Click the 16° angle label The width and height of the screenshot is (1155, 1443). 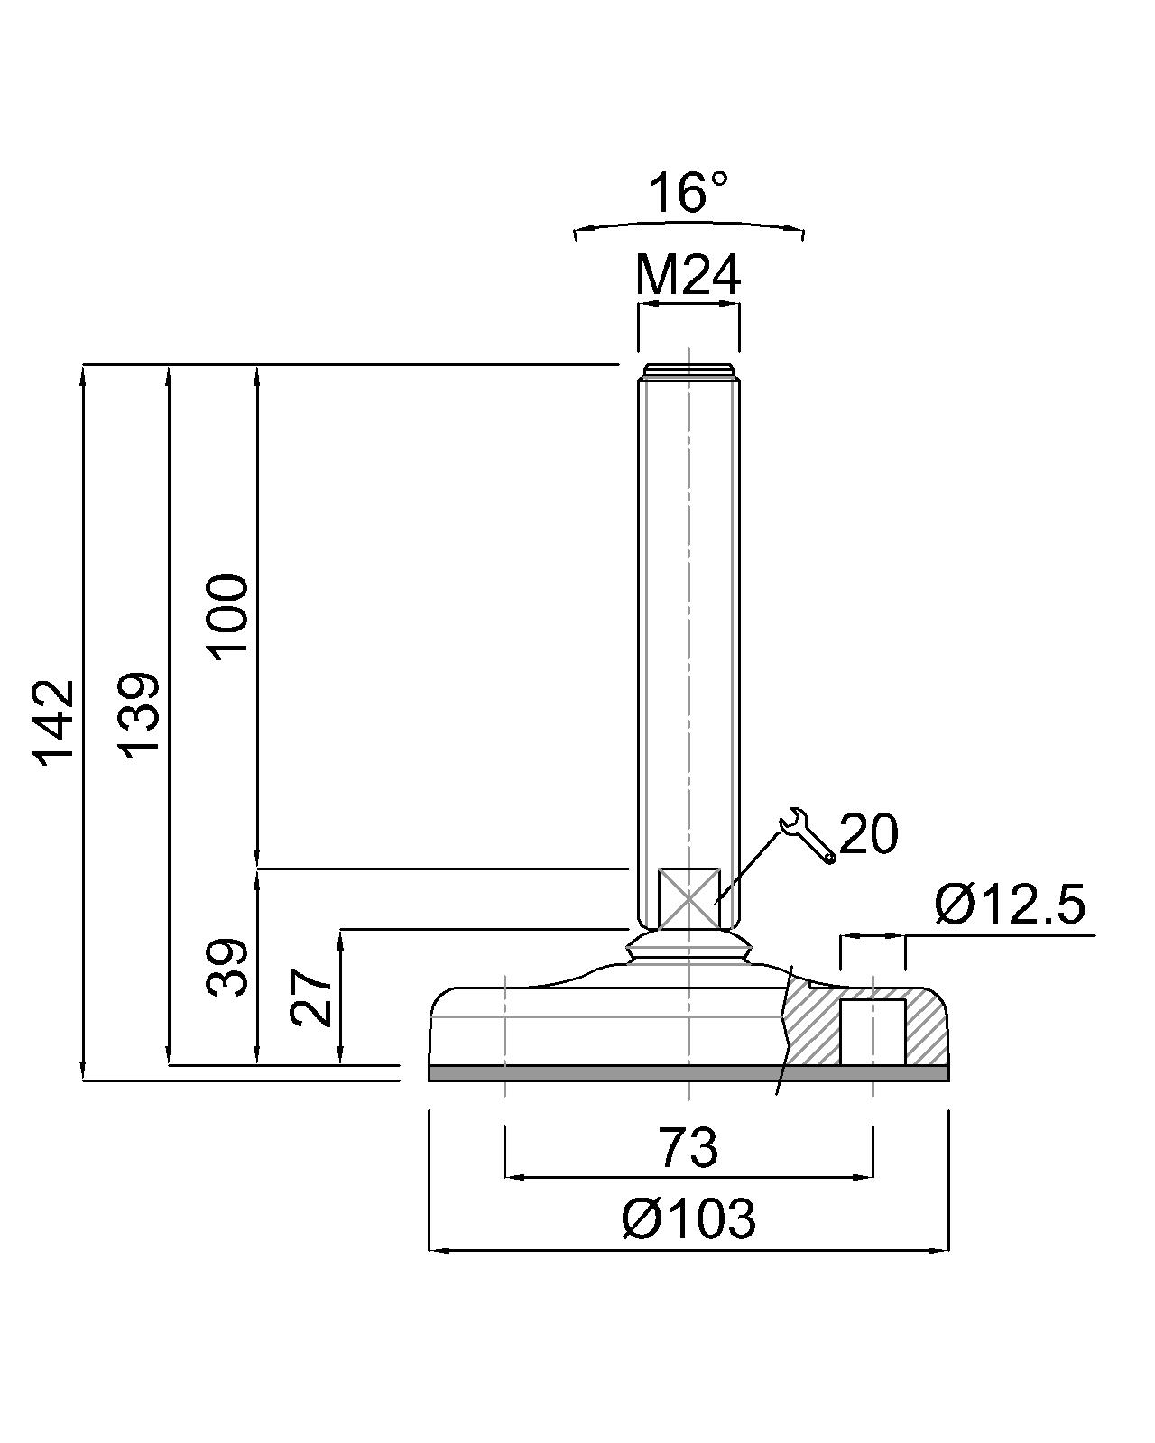[688, 193]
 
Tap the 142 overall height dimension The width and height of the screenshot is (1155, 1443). [54, 722]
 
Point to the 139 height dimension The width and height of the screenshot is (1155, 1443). [141, 714]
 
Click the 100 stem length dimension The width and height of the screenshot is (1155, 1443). [227, 616]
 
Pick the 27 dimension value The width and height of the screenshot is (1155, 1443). [311, 997]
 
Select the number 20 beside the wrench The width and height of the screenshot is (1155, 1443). [868, 833]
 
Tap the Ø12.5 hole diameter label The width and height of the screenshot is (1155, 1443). [1009, 905]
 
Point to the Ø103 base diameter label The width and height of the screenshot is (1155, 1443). [688, 1219]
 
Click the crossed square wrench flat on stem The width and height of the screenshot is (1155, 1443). [688, 898]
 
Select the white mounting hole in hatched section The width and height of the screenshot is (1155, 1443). [873, 1032]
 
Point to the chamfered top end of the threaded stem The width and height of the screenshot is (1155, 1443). [688, 371]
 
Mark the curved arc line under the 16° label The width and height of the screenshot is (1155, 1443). [688, 223]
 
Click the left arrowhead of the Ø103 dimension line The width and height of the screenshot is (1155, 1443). [436, 1249]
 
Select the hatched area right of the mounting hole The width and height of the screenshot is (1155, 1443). [925, 1028]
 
